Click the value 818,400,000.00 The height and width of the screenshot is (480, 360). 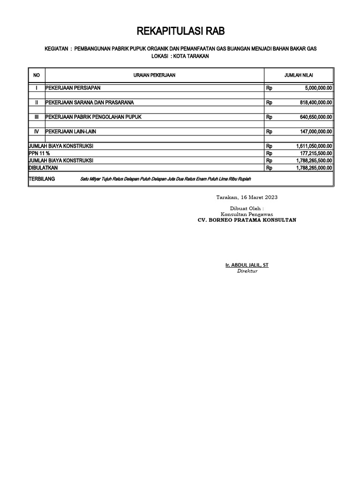[x=315, y=102]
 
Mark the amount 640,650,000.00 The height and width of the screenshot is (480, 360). [x=315, y=117]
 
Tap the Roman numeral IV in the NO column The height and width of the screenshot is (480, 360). [x=37, y=132]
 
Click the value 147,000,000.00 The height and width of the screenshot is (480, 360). [x=315, y=132]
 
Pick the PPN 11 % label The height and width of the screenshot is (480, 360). [x=39, y=153]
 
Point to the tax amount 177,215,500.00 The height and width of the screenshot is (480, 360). [x=315, y=153]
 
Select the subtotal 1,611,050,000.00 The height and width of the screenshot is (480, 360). [x=314, y=146]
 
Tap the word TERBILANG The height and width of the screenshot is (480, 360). [x=42, y=179]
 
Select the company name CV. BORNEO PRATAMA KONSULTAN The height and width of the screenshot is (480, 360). [x=247, y=220]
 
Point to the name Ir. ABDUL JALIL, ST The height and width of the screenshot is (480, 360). [x=247, y=265]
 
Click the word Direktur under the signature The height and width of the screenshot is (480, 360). [x=247, y=271]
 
